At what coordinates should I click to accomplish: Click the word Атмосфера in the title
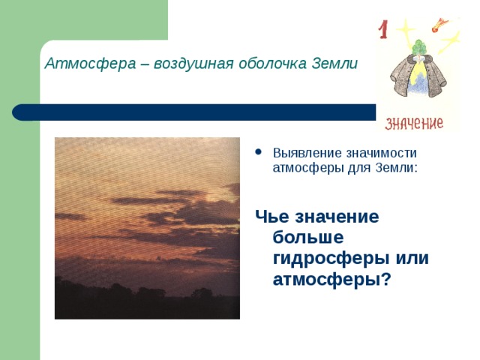(90, 64)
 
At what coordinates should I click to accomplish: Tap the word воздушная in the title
(193, 64)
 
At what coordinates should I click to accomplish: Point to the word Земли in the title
(334, 63)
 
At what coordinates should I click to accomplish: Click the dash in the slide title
(145, 65)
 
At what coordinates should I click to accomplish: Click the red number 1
(382, 29)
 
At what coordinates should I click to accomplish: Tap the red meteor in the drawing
(438, 25)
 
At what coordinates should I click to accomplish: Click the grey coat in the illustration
(418, 76)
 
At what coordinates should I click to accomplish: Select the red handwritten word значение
(414, 123)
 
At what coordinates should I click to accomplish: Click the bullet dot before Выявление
(259, 151)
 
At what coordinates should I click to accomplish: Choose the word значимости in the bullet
(382, 153)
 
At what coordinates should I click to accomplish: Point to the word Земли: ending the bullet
(397, 168)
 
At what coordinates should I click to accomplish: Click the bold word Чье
(272, 216)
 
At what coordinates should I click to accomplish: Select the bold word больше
(308, 237)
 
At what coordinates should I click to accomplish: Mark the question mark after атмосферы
(387, 278)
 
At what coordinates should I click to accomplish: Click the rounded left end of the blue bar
(16, 112)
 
